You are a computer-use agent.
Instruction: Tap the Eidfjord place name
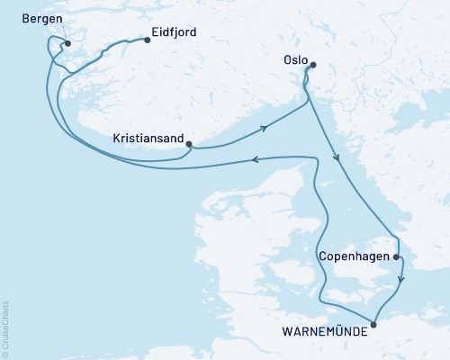(175, 32)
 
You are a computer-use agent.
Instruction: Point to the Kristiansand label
(147, 139)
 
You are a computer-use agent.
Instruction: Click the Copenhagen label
(355, 256)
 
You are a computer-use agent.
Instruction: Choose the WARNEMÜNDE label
(324, 332)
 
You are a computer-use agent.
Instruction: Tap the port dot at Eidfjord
(146, 39)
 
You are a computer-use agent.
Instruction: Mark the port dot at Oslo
(312, 64)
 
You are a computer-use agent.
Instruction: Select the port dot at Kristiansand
(187, 141)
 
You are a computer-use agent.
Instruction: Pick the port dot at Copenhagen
(396, 256)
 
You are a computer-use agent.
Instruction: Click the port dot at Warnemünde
(373, 323)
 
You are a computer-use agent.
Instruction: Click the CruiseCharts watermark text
(5, 329)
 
